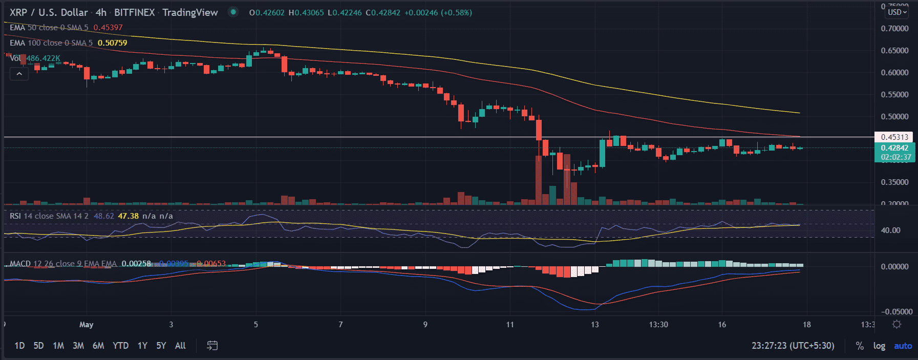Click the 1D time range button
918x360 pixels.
[x=19, y=346]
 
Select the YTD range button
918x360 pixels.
[x=120, y=346]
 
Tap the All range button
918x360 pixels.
[x=180, y=346]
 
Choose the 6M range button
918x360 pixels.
[x=98, y=346]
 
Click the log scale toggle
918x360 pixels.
[x=879, y=346]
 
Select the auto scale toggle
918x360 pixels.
[x=903, y=346]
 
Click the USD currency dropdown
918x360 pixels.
[x=897, y=12]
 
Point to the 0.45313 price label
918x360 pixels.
[x=894, y=137]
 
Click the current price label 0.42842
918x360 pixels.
[x=894, y=148]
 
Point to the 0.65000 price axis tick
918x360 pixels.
[x=894, y=50]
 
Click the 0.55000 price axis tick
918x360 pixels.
[x=894, y=94]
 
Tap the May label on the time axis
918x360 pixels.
[x=87, y=324]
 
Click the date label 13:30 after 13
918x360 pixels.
[x=658, y=324]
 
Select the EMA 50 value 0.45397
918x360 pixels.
[x=108, y=28]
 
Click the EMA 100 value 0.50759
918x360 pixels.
[x=112, y=43]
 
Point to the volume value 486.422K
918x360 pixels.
[x=44, y=58]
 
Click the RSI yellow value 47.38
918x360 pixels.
[x=128, y=216]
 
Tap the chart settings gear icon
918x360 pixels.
[x=896, y=324]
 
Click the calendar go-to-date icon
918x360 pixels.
[x=212, y=346]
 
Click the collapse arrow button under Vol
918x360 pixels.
[x=19, y=74]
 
